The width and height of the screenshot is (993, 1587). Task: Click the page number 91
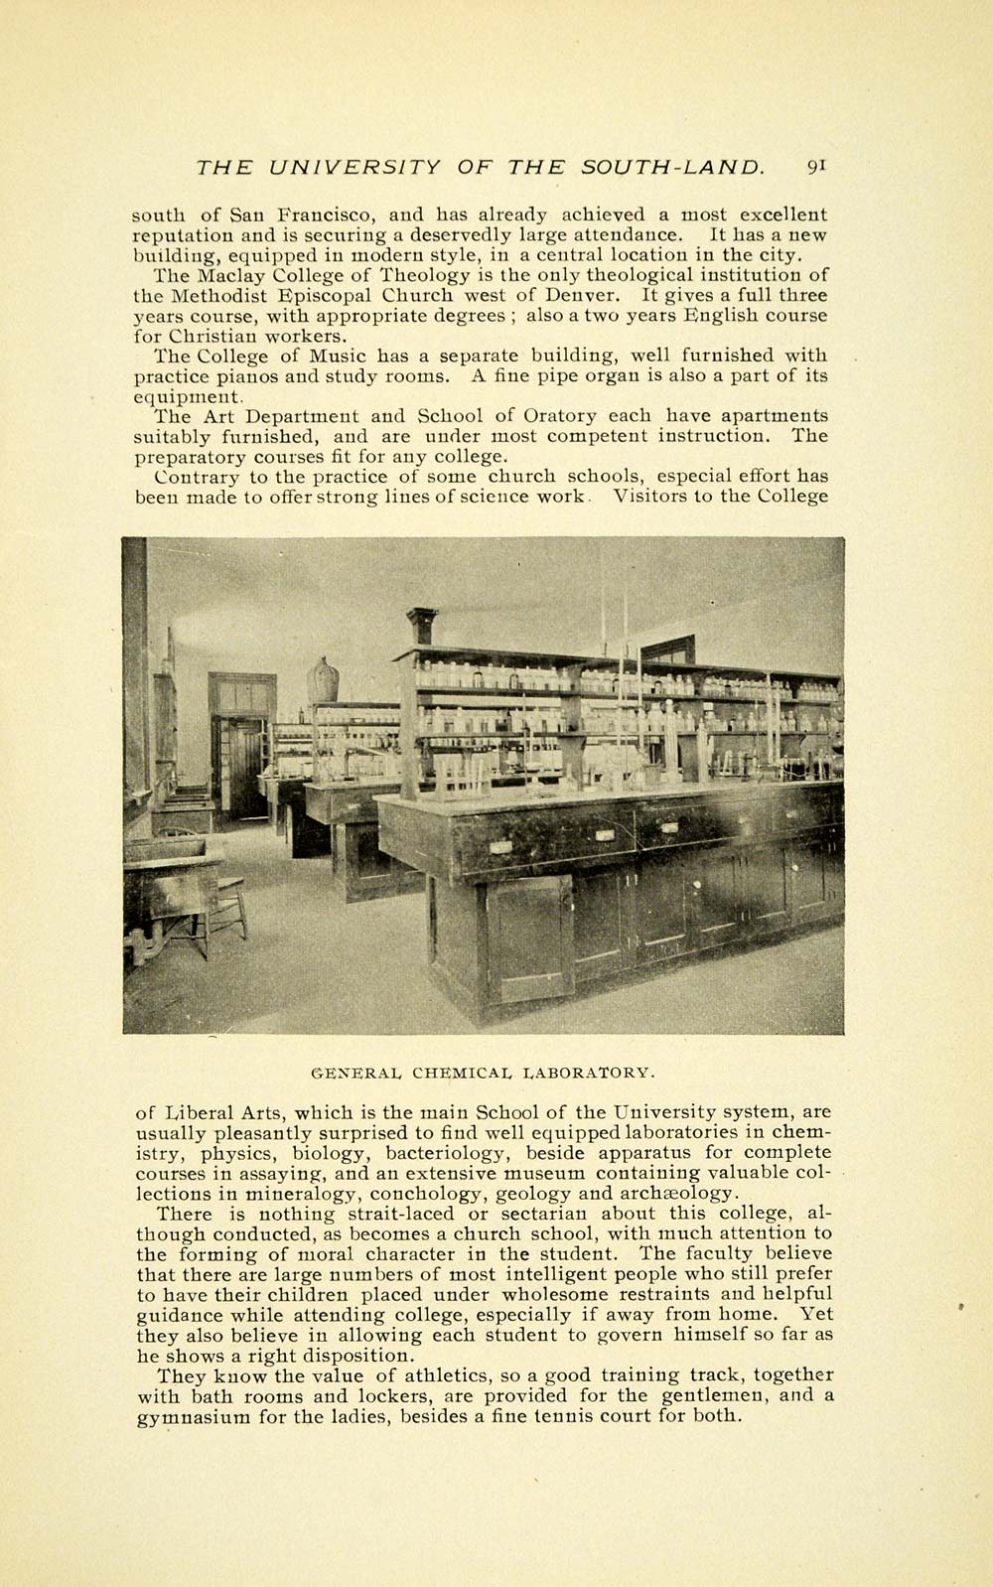click(817, 167)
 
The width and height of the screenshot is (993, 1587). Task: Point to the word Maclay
click(227, 275)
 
